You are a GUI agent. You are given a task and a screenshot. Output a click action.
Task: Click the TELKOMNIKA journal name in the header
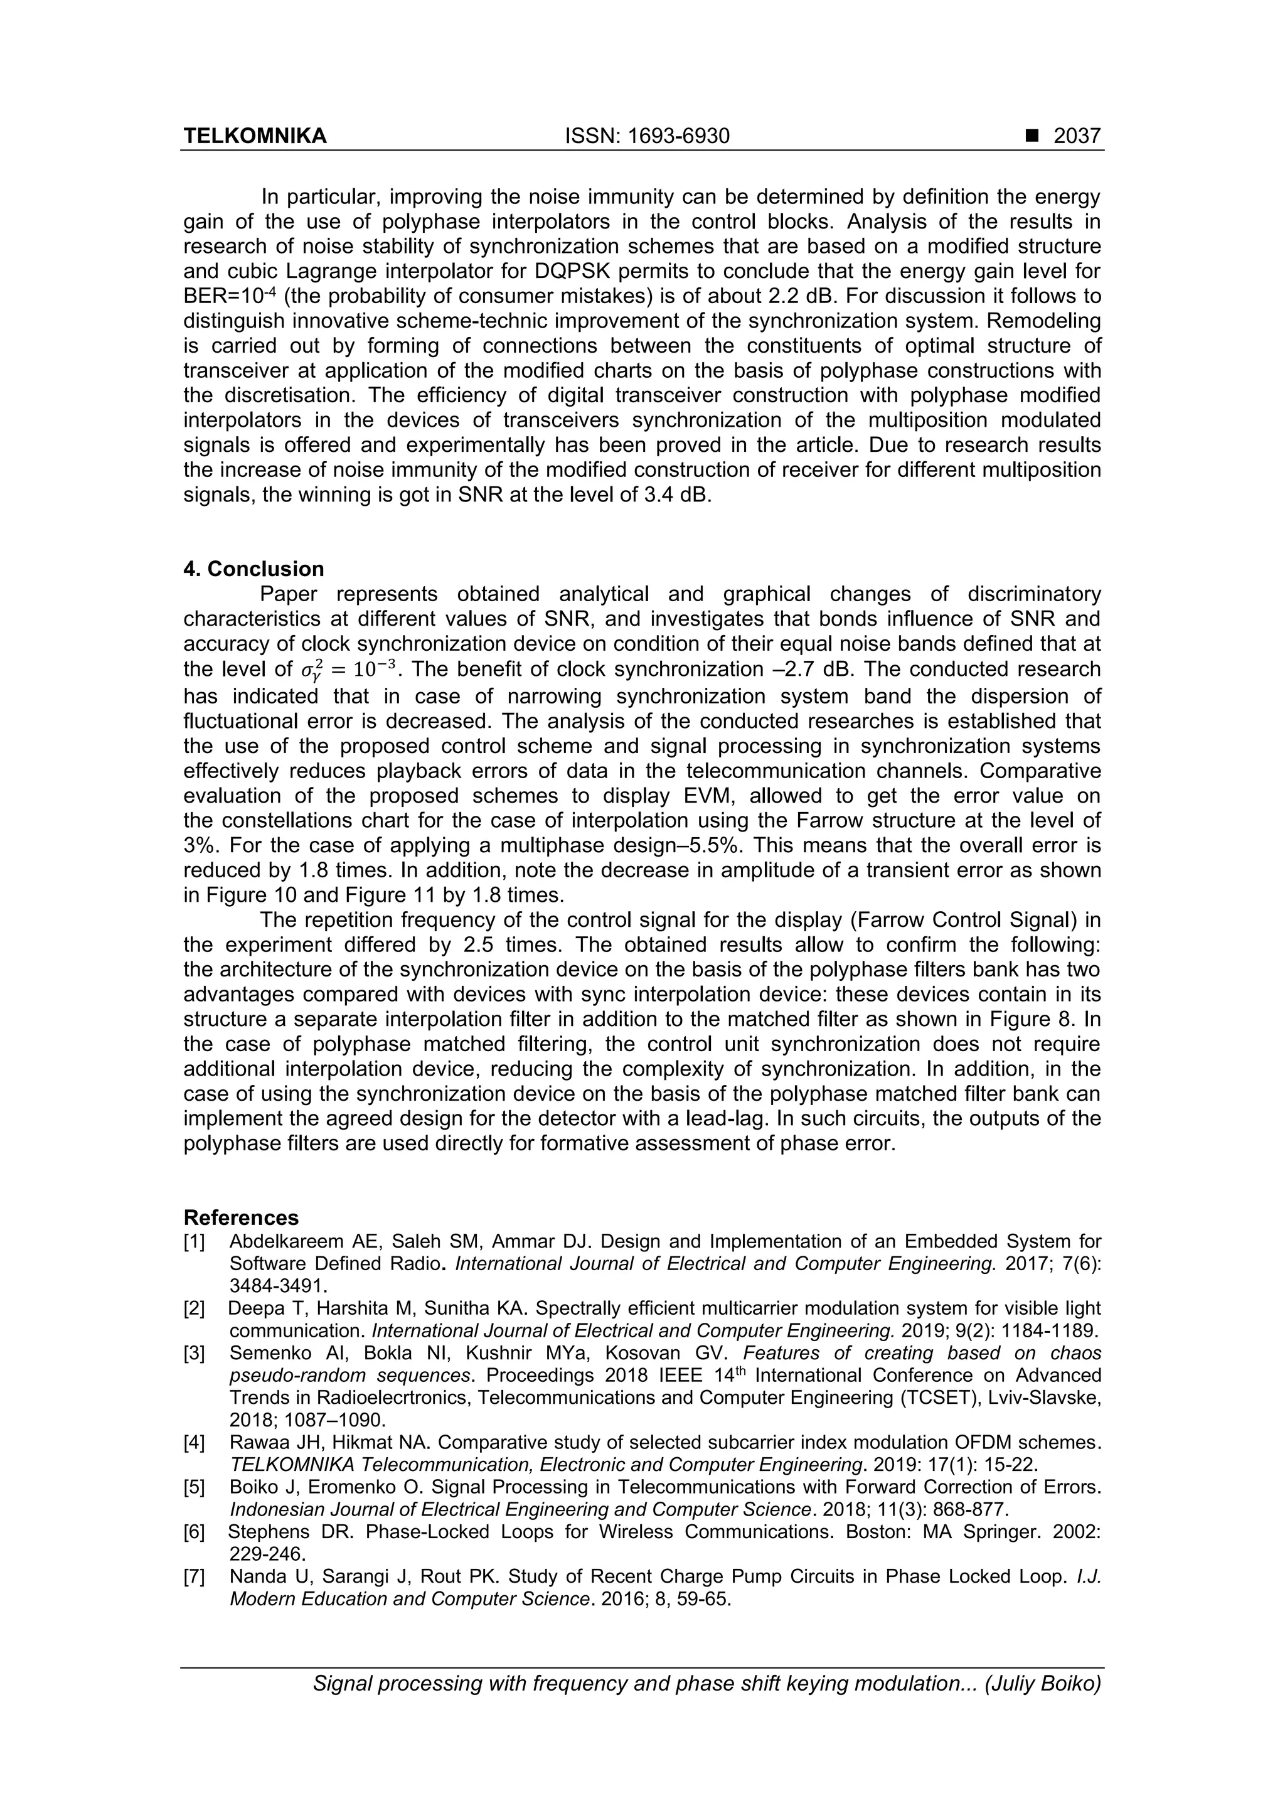click(255, 136)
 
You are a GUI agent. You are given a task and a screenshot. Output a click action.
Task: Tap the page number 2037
click(1077, 136)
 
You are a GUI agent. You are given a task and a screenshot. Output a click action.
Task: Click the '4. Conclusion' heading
click(253, 569)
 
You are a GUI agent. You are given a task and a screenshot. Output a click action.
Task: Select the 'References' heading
click(241, 1217)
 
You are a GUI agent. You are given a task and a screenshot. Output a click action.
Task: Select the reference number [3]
click(194, 1352)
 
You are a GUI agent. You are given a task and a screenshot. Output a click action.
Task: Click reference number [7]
click(194, 1576)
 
